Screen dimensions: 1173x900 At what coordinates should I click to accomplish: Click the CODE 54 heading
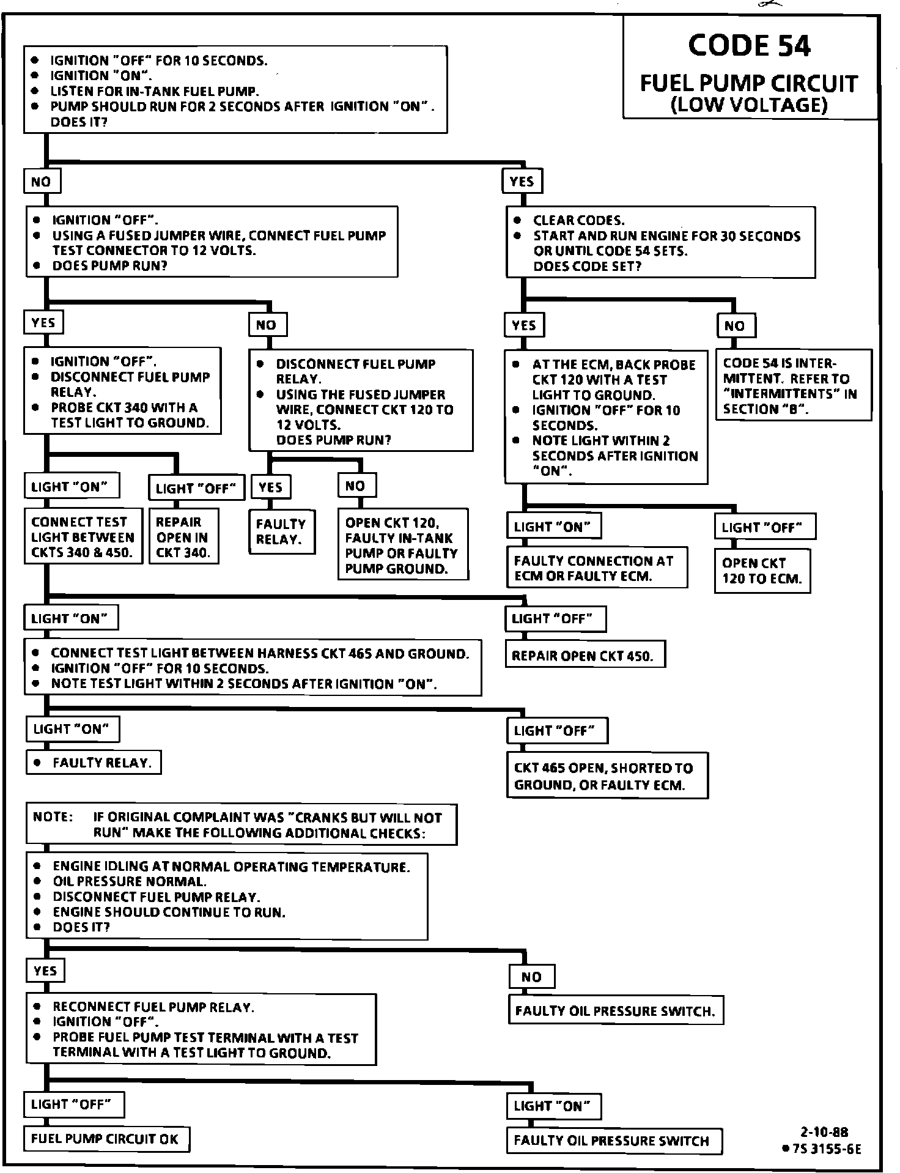coord(749,46)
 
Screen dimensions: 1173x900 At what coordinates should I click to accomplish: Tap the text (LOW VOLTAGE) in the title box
coord(749,105)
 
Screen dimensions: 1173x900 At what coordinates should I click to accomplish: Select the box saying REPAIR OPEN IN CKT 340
coord(183,537)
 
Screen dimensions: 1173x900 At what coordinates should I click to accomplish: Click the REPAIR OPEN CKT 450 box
coord(585,656)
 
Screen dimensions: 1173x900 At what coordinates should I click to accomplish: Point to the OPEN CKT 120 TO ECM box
coord(762,571)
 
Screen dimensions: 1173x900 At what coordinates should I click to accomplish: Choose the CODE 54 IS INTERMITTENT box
coord(793,385)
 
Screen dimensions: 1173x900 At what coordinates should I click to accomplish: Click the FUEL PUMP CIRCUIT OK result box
coord(106,1139)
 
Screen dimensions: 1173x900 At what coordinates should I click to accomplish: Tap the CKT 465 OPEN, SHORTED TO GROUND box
coord(607,776)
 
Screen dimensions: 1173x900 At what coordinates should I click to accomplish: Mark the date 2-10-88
coord(824,1132)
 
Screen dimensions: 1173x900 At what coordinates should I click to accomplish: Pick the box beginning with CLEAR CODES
coord(660,243)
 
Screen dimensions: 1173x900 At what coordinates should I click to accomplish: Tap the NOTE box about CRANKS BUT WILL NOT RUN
coord(241,824)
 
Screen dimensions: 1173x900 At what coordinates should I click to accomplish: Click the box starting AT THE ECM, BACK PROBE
coord(605,417)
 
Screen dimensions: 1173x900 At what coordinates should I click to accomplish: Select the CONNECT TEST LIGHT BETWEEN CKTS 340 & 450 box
coord(83,537)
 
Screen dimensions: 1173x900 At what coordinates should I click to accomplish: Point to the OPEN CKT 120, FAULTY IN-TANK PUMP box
coord(403,545)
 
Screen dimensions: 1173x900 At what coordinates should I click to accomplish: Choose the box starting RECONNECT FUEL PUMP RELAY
coord(201,1029)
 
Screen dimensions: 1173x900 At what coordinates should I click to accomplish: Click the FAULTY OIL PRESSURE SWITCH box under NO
coord(615,1011)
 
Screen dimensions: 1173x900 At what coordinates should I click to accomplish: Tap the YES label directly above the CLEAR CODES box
coord(522,181)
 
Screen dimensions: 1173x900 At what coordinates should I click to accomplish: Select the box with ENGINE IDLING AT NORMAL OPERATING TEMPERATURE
coord(226,896)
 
